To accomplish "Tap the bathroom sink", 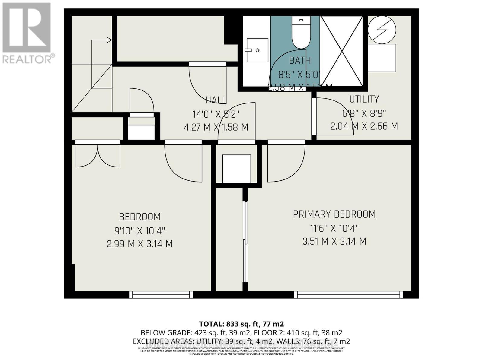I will coord(257,50).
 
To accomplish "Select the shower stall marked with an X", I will coord(342,51).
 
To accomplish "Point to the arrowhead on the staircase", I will coord(109,40).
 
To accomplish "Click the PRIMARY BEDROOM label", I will coord(334,214).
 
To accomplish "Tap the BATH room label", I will coord(300,60).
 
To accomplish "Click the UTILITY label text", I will coord(364,99).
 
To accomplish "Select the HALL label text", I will coord(216,100).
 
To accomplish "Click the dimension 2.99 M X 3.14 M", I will coord(139,244).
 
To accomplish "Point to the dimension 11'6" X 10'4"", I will coord(334,228).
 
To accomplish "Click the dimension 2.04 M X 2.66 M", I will coord(364,126).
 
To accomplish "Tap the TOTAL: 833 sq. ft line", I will coord(241,324).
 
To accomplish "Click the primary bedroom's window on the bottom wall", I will coord(348,294).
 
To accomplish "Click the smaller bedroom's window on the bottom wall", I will coord(161,294).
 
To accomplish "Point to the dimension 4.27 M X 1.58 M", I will coord(216,127).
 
